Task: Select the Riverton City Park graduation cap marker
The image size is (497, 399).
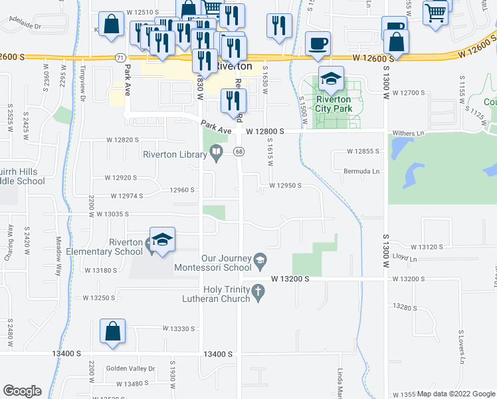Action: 330,80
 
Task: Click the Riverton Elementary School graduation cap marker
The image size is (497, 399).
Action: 162,240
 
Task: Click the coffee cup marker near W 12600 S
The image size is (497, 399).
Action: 317,44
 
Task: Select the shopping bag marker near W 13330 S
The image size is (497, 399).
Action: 112,332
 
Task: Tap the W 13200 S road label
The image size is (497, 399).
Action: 290,279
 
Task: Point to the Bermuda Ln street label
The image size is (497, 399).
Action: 361,171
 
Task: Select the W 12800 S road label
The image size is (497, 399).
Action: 264,132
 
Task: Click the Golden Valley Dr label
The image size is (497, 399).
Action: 130,368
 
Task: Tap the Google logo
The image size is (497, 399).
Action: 22,391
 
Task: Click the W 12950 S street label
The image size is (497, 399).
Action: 286,186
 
